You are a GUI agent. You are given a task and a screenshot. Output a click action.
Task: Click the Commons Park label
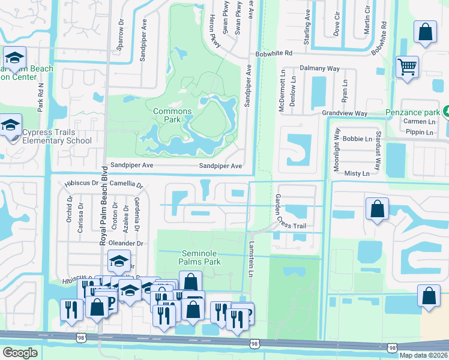click(172, 115)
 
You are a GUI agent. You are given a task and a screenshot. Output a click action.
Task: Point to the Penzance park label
click(412, 113)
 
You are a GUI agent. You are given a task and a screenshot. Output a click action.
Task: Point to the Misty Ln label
click(357, 173)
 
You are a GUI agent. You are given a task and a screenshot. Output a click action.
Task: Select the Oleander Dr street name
click(127, 244)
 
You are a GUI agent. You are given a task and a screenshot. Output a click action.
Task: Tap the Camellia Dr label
click(127, 185)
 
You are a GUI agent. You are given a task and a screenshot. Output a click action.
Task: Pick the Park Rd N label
click(41, 97)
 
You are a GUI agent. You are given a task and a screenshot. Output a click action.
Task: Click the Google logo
click(20, 353)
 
